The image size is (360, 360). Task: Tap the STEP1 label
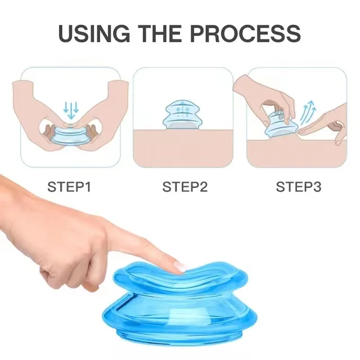[69, 187]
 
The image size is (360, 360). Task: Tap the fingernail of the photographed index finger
[179, 266]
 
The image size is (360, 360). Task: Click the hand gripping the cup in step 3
[264, 96]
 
